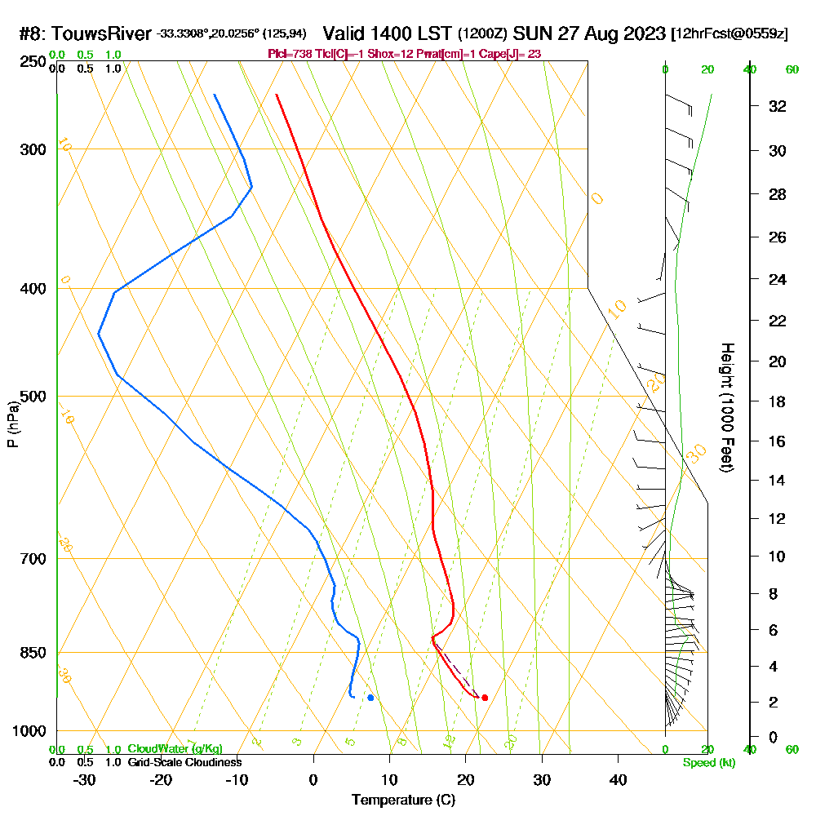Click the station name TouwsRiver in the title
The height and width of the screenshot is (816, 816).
(104, 34)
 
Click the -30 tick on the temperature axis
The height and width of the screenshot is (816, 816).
(85, 780)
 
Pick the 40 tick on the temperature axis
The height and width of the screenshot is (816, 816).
(618, 780)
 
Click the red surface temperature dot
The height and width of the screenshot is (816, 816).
(485, 698)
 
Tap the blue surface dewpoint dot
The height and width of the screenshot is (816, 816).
(370, 698)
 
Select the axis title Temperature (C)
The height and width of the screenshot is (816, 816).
(403, 800)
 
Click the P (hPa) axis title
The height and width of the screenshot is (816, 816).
(13, 424)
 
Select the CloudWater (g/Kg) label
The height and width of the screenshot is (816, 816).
(175, 749)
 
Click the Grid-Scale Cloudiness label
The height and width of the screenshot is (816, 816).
(184, 762)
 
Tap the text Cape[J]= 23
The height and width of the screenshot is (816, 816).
(516, 54)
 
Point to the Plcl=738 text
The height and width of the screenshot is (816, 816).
(290, 54)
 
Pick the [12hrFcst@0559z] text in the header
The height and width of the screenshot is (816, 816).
(729, 34)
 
